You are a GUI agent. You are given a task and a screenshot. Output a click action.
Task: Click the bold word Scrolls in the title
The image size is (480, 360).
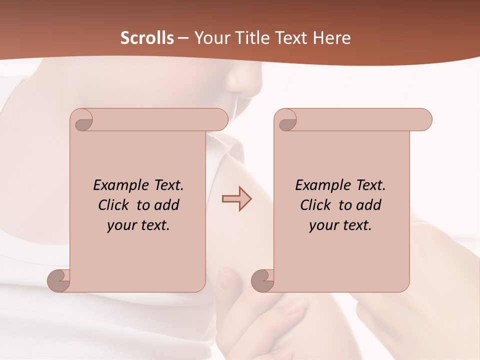pyautogui.click(x=147, y=38)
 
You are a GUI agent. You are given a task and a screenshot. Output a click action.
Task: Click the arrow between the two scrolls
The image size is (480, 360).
pyautogui.click(x=237, y=199)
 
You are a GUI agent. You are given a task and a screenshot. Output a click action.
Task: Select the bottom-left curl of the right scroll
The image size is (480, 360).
pyautogui.click(x=263, y=280)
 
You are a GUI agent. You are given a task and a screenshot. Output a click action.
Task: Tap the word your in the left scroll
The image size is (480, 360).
pyautogui.click(x=122, y=225)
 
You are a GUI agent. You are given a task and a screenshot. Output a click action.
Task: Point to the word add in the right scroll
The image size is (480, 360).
pyautogui.click(x=369, y=205)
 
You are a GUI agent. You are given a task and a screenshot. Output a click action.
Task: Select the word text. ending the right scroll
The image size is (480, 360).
pyautogui.click(x=356, y=225)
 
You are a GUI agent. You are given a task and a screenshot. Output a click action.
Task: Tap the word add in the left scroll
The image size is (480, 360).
pyautogui.click(x=167, y=205)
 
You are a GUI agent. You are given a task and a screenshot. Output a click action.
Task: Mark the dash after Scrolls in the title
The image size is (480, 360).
pyautogui.click(x=183, y=38)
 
